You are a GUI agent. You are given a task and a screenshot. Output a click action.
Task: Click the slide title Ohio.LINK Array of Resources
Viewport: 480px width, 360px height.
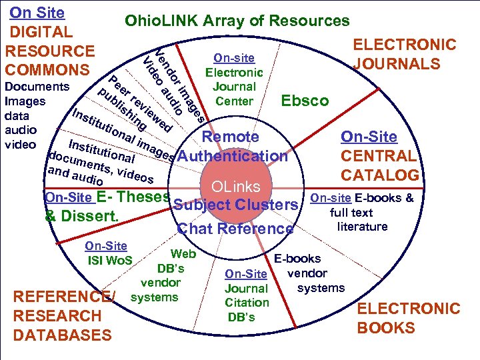click(237, 21)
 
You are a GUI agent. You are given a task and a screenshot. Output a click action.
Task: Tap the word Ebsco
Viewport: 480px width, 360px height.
click(305, 101)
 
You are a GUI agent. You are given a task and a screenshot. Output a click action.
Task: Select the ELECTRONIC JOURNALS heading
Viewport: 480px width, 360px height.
click(405, 55)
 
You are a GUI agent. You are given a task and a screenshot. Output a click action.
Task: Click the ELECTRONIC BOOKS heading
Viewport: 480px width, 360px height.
click(409, 318)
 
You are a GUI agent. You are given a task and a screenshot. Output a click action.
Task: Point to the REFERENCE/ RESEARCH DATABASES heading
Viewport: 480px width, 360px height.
click(63, 316)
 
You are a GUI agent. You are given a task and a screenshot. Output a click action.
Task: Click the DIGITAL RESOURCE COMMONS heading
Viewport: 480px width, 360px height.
click(49, 51)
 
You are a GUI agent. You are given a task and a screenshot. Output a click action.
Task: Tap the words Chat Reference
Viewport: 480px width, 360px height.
click(235, 229)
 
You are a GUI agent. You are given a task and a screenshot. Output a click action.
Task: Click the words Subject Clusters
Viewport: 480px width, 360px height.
click(235, 204)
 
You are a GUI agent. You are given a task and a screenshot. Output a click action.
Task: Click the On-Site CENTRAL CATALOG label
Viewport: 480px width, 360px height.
click(379, 157)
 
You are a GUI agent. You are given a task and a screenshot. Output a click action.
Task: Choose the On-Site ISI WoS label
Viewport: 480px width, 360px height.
click(109, 253)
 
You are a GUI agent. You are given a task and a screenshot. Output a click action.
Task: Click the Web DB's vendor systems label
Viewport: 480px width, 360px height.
click(163, 275)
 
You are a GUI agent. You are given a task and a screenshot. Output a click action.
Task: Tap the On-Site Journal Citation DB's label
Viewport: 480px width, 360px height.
click(246, 295)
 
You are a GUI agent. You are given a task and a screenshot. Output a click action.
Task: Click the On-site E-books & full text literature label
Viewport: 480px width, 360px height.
click(362, 212)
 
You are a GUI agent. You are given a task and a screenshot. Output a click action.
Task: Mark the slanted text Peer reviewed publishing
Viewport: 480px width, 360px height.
click(133, 103)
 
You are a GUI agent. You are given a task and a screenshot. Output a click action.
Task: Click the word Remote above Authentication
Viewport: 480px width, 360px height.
click(230, 137)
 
